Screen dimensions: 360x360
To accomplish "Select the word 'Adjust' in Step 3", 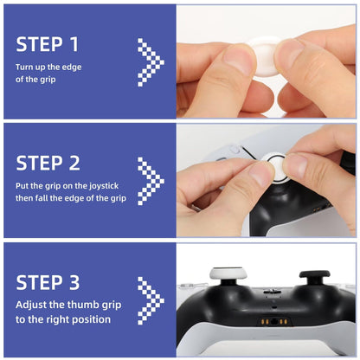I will (30, 305).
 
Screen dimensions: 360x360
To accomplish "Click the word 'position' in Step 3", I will (93, 319).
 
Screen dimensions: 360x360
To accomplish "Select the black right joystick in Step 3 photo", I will (313, 279).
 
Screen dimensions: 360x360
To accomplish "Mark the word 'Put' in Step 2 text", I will (22, 186).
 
